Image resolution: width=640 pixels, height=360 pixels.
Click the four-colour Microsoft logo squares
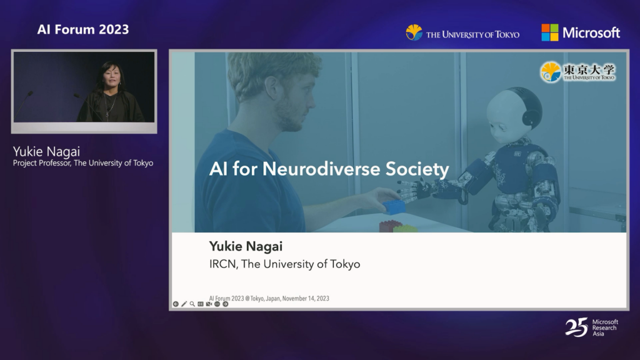[549, 32]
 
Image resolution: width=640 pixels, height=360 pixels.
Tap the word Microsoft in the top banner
[591, 32]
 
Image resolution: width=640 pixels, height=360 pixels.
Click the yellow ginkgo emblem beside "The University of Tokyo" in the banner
[414, 32]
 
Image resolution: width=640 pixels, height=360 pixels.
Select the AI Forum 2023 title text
[83, 29]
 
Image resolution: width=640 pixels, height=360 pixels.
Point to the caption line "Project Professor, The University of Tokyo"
[83, 163]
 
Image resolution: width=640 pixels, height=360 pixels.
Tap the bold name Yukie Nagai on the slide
[246, 246]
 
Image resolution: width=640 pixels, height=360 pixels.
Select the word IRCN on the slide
[222, 264]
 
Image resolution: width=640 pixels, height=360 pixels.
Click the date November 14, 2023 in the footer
[306, 298]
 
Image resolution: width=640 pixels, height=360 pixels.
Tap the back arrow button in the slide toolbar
[176, 304]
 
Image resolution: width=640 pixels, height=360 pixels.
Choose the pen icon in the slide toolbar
[184, 304]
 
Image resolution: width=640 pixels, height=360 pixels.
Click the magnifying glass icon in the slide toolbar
[192, 304]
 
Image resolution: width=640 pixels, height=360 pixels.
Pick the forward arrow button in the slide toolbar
[225, 304]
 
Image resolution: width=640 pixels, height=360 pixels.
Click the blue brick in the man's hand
[394, 206]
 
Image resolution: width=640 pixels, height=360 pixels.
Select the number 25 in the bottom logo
[576, 327]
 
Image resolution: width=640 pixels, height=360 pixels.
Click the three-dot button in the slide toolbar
[217, 304]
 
